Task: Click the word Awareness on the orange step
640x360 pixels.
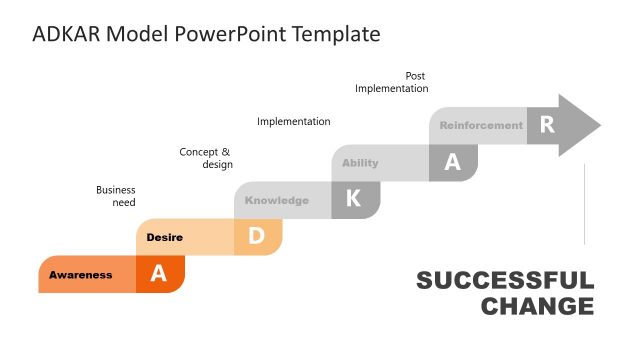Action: click(81, 275)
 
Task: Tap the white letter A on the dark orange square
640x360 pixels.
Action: click(159, 274)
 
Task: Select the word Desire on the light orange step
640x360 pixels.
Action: click(164, 237)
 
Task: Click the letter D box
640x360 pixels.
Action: click(257, 236)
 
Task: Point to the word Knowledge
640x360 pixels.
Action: click(277, 200)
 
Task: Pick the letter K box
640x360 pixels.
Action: click(354, 199)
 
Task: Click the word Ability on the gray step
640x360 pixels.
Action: click(360, 163)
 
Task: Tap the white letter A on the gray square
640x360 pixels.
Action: click(452, 163)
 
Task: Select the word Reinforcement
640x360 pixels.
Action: click(481, 126)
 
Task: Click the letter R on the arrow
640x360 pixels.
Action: click(546, 125)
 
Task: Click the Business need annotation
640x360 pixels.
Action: click(116, 196)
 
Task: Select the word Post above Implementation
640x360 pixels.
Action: click(415, 76)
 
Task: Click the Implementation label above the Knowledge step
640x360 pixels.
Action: click(294, 122)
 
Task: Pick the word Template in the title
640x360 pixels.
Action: click(337, 34)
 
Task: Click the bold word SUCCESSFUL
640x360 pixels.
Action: click(505, 281)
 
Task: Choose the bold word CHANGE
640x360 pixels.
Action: click(537, 306)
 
